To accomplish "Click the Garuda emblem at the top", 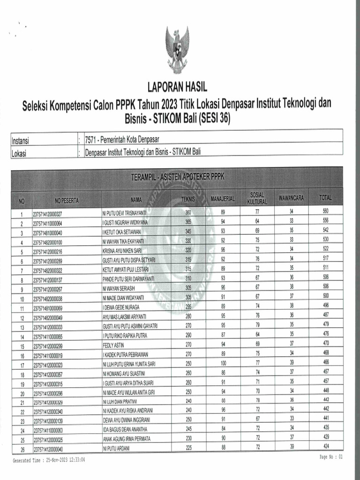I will click(x=177, y=49).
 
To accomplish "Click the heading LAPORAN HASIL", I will click(x=177, y=87).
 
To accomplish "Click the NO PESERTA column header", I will click(x=67, y=201).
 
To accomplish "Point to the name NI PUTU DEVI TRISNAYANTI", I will click(x=124, y=213).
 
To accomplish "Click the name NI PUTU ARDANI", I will click(x=115, y=448).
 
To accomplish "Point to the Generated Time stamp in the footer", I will click(x=49, y=460).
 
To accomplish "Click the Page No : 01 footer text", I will click(x=331, y=457).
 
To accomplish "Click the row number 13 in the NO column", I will click(x=22, y=327).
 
